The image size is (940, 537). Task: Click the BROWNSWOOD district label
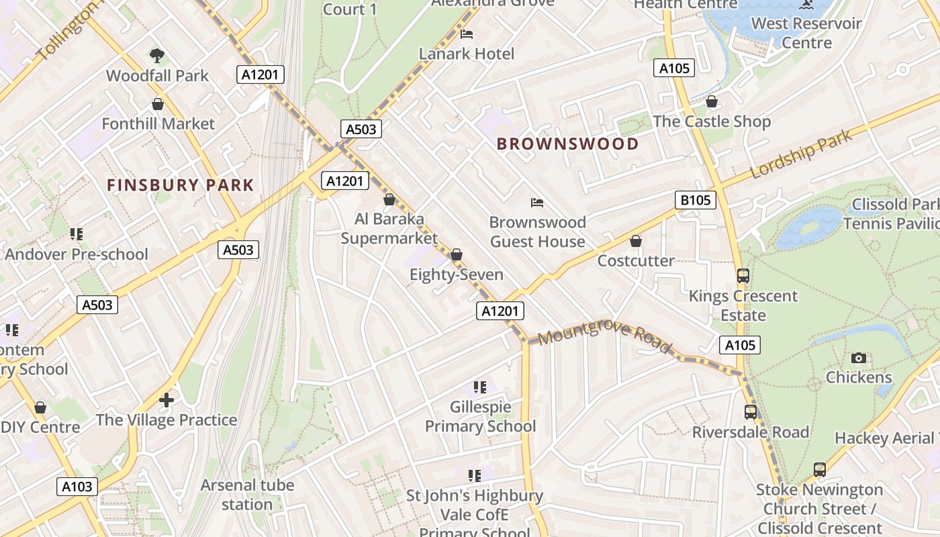click(567, 144)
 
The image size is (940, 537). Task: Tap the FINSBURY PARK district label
click(181, 185)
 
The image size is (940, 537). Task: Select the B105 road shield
click(695, 200)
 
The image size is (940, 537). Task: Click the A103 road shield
click(77, 487)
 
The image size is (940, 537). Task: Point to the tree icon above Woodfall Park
click(157, 55)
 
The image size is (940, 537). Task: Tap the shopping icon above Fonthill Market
click(158, 104)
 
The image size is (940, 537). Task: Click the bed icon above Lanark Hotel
click(467, 34)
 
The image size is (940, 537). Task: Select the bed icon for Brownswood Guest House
click(536, 202)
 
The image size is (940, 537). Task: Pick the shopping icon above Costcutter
click(635, 241)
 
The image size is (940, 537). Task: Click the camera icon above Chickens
click(858, 358)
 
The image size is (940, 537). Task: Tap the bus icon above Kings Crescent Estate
click(743, 276)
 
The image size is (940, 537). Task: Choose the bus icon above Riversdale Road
click(750, 412)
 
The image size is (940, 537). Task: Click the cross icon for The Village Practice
click(167, 401)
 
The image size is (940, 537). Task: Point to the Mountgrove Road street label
click(604, 336)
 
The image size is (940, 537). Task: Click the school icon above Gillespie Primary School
click(479, 387)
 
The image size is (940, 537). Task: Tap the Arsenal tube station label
click(247, 495)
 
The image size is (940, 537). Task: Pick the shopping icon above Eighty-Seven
click(457, 255)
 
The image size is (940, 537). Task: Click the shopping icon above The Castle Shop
click(712, 102)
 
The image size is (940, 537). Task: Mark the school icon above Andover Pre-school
click(76, 234)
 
